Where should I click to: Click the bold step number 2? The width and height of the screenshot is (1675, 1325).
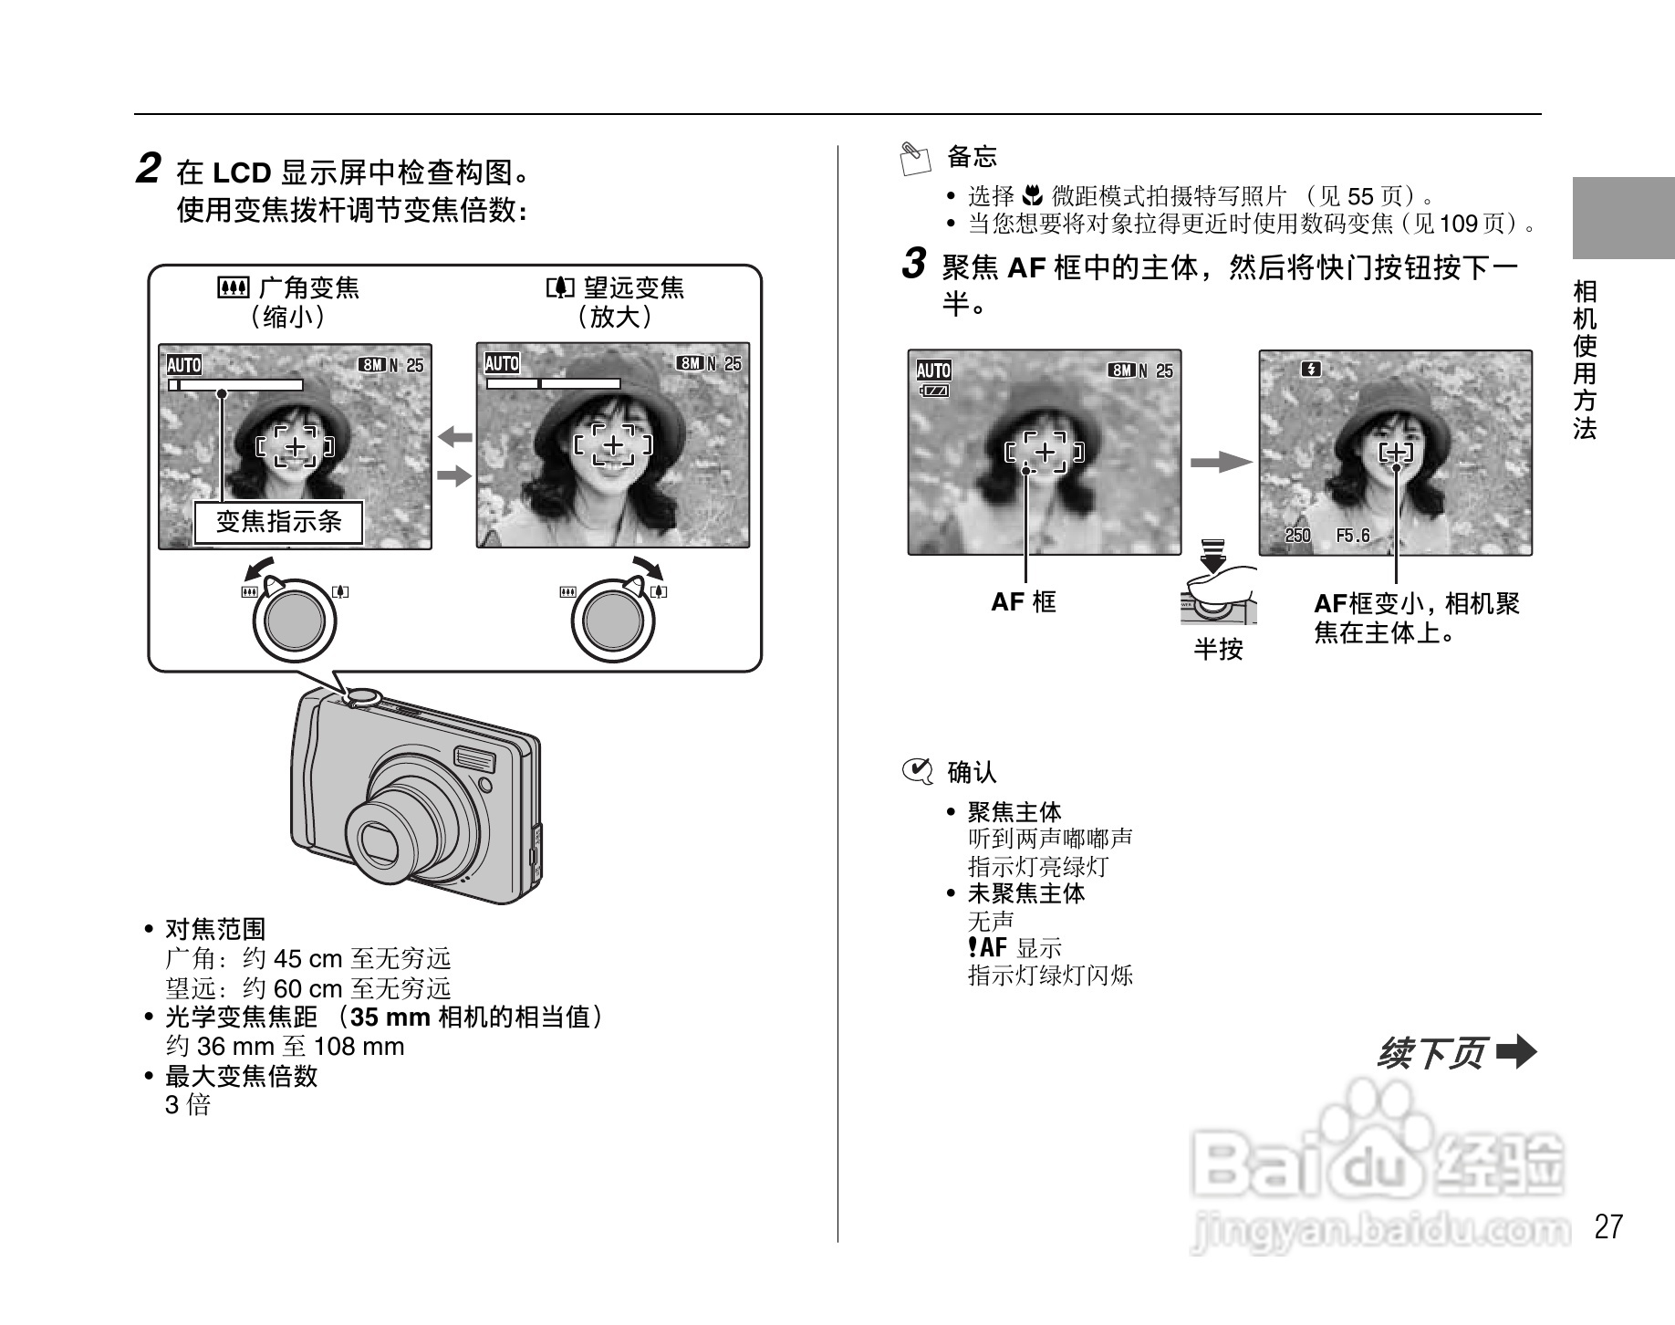pyautogui.click(x=149, y=170)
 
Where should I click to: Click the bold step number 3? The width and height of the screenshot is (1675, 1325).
pyautogui.click(x=914, y=266)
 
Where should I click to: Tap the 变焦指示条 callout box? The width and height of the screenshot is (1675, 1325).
pyautogui.click(x=278, y=522)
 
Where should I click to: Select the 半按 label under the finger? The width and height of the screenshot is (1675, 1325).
pyautogui.click(x=1218, y=650)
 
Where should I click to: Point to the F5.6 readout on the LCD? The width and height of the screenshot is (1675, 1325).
pyautogui.click(x=1352, y=536)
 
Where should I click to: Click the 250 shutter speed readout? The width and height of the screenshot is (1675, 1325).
pyautogui.click(x=1297, y=536)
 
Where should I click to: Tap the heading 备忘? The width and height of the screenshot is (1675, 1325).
pyautogui.click(x=972, y=157)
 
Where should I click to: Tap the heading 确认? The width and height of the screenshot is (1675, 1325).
pyautogui.click(x=972, y=773)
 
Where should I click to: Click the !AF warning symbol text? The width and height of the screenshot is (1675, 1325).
pyautogui.click(x=987, y=947)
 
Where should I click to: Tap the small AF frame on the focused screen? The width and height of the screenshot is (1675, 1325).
pyautogui.click(x=1395, y=453)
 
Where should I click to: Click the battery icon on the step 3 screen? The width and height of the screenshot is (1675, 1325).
pyautogui.click(x=934, y=391)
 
